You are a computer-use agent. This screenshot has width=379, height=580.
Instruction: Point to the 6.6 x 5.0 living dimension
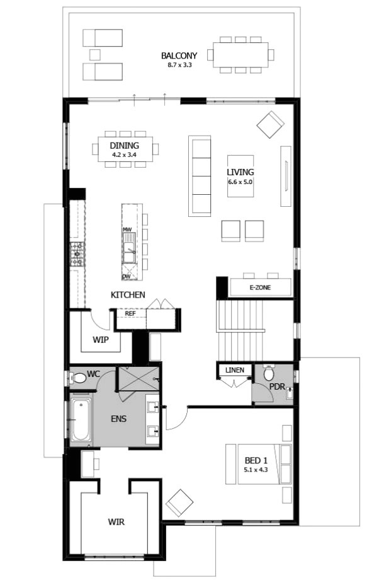(240, 181)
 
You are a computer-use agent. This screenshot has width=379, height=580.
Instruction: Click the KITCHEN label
(128, 294)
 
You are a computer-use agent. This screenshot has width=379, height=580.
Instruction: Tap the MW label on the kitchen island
(127, 229)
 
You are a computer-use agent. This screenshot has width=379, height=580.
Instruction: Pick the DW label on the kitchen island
(127, 276)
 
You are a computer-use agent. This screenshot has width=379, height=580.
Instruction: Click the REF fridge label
(130, 313)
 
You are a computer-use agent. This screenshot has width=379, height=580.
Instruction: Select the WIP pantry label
(101, 339)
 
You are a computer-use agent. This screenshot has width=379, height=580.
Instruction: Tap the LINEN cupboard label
(234, 369)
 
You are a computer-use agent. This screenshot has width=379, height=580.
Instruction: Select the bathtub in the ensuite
(81, 419)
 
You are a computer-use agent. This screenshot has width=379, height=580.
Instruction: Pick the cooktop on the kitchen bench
(78, 253)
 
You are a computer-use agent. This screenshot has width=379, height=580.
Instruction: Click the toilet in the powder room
(269, 373)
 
